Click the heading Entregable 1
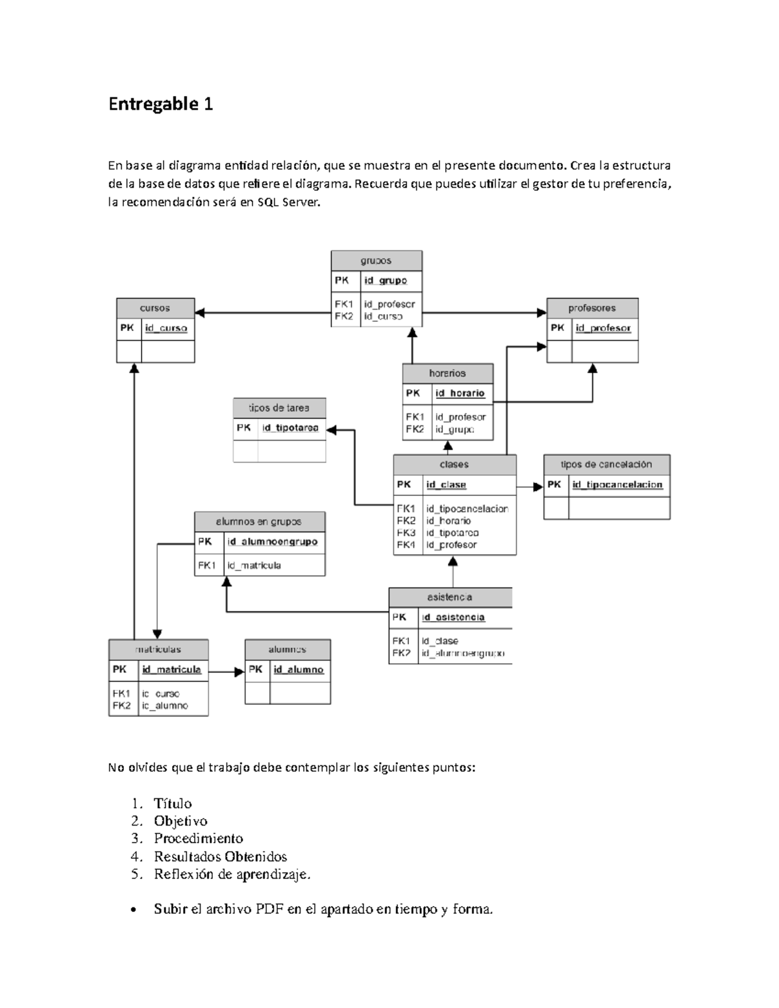click(x=160, y=104)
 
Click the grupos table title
click(x=376, y=261)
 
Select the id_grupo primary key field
click(x=386, y=280)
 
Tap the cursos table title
click(x=155, y=308)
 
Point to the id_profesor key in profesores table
click(x=603, y=328)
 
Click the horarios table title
click(x=447, y=373)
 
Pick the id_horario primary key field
click(x=460, y=393)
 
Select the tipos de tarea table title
click(x=279, y=408)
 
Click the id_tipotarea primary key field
click(x=290, y=428)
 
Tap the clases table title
click(x=454, y=465)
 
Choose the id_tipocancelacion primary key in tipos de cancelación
click(x=617, y=484)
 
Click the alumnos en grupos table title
click(x=259, y=522)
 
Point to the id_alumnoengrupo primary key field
click(x=272, y=541)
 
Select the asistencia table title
click(x=450, y=597)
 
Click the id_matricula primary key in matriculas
click(x=171, y=669)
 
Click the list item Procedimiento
click(x=198, y=839)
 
